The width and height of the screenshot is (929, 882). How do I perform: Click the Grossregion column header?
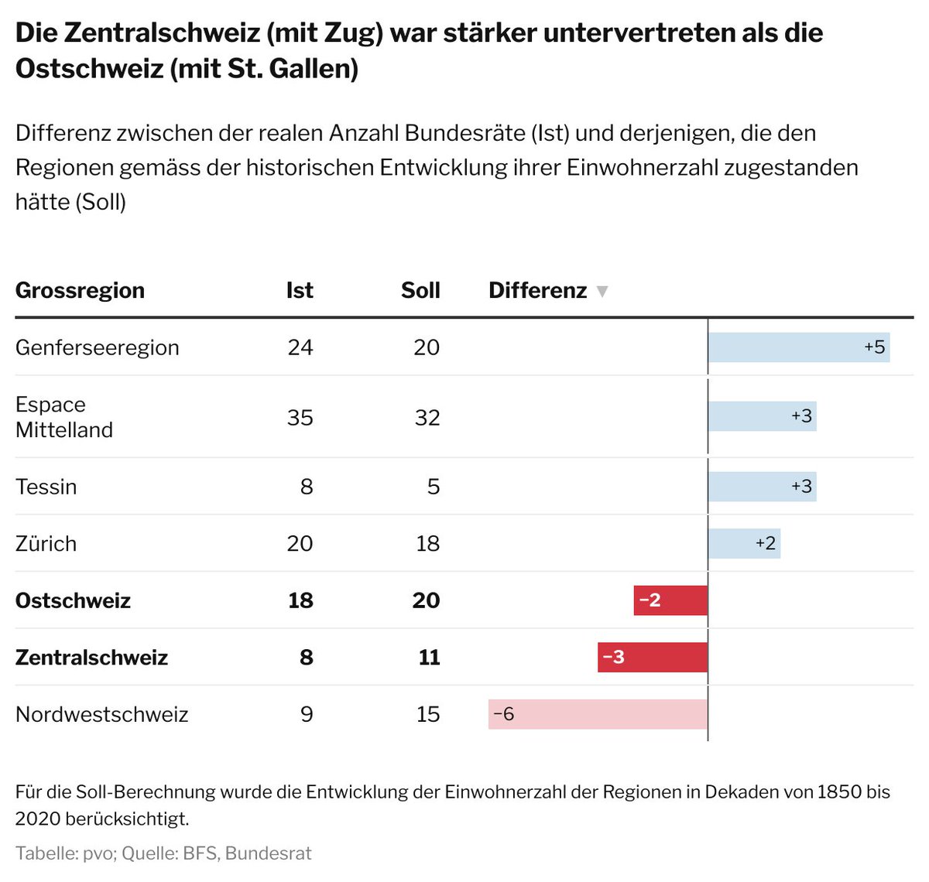click(x=80, y=291)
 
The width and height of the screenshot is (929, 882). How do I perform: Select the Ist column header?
click(x=300, y=291)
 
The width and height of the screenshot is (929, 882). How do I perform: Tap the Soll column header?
click(x=420, y=291)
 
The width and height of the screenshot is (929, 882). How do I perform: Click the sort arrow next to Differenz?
click(x=602, y=292)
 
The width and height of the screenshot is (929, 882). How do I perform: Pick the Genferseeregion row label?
click(x=98, y=347)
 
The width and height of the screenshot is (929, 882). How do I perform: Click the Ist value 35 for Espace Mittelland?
click(x=300, y=418)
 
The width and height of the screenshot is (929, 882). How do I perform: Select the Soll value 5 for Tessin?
click(x=434, y=487)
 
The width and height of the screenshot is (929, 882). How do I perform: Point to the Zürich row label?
click(x=46, y=544)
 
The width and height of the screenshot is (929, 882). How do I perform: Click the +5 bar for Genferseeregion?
click(x=798, y=347)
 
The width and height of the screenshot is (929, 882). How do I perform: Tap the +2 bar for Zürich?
click(x=744, y=544)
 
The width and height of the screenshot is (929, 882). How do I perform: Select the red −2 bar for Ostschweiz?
click(x=670, y=600)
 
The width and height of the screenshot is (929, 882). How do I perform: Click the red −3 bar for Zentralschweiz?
click(x=653, y=658)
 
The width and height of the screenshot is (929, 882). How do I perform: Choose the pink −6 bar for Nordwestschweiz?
click(x=598, y=714)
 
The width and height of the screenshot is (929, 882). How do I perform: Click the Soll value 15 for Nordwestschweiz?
click(x=428, y=714)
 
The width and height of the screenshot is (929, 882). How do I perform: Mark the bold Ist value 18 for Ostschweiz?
click(x=300, y=600)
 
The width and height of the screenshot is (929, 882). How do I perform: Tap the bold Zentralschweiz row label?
click(x=91, y=658)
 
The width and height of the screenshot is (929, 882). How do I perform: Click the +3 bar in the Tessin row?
click(x=762, y=487)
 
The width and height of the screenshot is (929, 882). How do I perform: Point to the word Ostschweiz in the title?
click(x=89, y=69)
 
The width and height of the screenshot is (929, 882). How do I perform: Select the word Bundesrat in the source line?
click(x=268, y=853)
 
